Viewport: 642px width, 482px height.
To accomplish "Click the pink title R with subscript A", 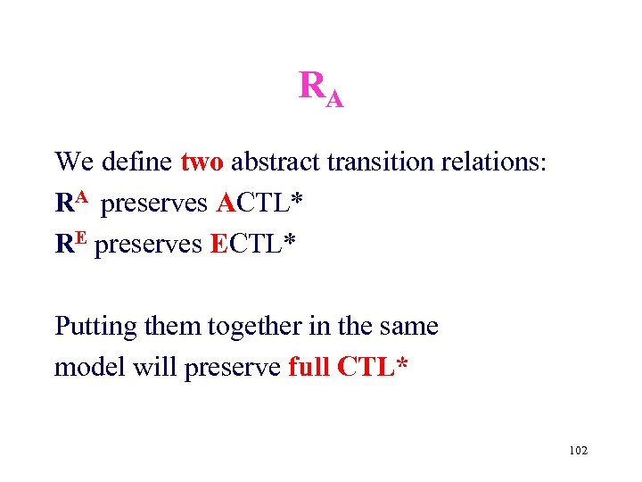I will pyautogui.click(x=321, y=88).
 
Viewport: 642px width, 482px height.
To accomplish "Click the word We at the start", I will pyautogui.click(x=75, y=162).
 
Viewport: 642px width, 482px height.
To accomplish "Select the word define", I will pyautogui.click(x=137, y=162).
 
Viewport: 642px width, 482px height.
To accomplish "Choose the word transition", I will pyautogui.click(x=373, y=162).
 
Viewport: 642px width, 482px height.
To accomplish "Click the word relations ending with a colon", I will pyautogui.click(x=490, y=162).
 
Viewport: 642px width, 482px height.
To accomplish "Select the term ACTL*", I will pyautogui.click(x=259, y=204).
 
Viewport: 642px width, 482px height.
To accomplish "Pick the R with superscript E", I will pyautogui.click(x=71, y=244).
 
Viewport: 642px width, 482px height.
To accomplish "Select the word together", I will pyautogui.click(x=243, y=328).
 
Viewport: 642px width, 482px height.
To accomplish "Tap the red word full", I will pyautogui.click(x=309, y=367).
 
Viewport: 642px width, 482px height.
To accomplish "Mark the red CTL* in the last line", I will pyautogui.click(x=373, y=367).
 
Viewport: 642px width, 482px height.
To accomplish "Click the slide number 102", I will pyautogui.click(x=578, y=452).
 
